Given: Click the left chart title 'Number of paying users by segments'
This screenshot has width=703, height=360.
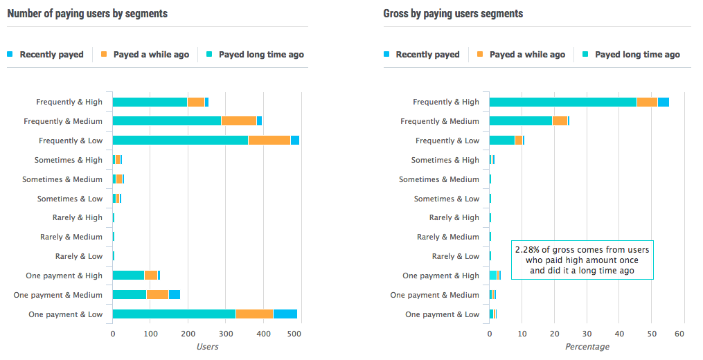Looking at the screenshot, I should click(87, 14).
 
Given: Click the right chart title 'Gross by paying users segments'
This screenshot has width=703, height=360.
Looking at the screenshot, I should click(453, 14).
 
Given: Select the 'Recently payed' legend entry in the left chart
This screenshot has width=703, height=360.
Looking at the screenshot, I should click(51, 55).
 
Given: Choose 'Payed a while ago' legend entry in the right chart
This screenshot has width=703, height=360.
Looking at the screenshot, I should click(526, 55).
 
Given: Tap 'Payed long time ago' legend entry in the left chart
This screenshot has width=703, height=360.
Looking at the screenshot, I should click(261, 55).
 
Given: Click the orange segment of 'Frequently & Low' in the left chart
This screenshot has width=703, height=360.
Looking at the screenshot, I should click(269, 141).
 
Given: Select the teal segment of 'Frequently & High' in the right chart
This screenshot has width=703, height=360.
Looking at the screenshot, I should click(562, 102).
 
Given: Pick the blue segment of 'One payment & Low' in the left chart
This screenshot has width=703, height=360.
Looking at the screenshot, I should click(285, 314).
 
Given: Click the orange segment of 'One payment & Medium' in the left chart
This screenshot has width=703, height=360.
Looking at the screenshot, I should click(157, 295).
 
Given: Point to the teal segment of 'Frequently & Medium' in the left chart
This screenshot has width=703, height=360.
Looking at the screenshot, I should click(166, 121).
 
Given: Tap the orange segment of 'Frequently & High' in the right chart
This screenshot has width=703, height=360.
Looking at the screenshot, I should click(647, 102).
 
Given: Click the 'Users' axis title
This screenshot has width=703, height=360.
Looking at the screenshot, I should click(207, 346).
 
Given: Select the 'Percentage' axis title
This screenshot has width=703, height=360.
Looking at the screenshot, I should click(587, 346).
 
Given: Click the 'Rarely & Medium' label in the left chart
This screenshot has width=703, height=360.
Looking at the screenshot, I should click(71, 237).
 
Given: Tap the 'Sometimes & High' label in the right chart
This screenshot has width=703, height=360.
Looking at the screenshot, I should click(445, 160).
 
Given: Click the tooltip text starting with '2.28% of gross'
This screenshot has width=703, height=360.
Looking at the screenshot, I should click(582, 260).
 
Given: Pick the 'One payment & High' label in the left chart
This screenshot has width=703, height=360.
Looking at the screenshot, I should click(64, 276).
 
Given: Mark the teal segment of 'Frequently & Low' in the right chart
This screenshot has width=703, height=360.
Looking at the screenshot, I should click(501, 141).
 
